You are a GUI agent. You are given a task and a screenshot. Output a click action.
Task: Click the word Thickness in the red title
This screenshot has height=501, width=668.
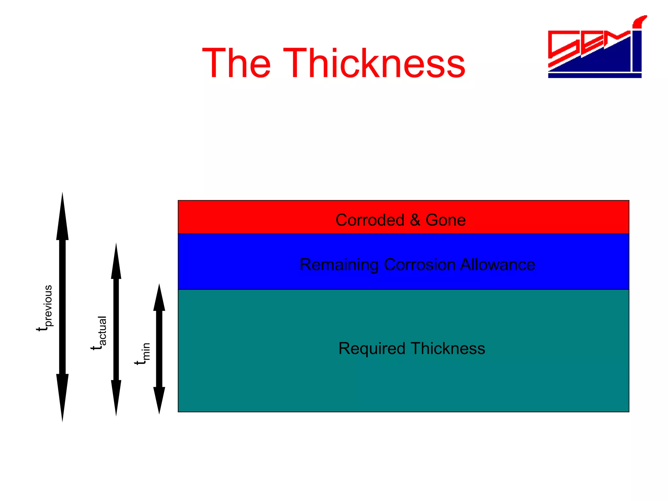click(x=374, y=63)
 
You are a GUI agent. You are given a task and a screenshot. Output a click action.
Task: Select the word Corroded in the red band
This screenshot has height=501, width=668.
click(x=370, y=220)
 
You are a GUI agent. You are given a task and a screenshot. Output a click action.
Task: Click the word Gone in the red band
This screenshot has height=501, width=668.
click(x=446, y=220)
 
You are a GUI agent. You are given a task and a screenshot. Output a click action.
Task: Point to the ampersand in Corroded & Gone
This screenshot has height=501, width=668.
click(x=415, y=220)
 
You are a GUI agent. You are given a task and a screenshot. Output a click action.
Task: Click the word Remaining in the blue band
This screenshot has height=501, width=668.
click(x=339, y=265)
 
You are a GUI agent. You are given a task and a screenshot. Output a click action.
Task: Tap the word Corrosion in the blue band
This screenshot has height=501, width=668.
click(x=419, y=265)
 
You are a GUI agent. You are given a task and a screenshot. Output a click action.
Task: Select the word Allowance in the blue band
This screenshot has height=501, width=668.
click(x=497, y=265)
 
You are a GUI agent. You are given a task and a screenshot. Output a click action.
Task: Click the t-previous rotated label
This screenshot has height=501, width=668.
click(x=45, y=308)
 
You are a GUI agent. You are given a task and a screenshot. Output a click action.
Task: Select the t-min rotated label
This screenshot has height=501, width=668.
click(x=143, y=354)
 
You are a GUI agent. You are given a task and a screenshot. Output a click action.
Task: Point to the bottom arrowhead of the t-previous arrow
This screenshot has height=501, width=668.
click(x=62, y=396)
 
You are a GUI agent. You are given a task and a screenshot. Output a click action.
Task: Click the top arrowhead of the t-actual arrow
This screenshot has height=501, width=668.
click(x=116, y=263)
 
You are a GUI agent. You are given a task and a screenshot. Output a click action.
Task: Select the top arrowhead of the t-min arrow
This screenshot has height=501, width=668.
click(x=159, y=298)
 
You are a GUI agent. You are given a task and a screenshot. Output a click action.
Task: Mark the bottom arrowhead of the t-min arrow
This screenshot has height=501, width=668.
click(x=159, y=400)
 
